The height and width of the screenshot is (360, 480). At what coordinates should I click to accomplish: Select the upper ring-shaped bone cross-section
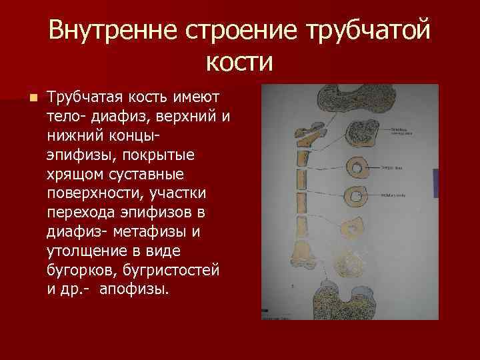[x=358, y=167]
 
